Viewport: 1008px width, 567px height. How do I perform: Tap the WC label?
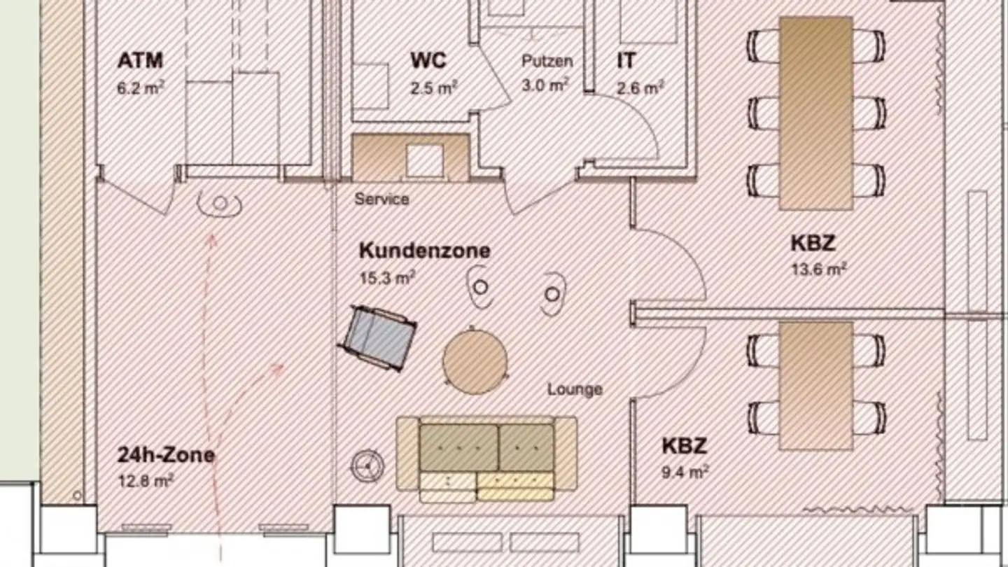point(428,61)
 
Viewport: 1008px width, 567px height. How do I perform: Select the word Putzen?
point(547,61)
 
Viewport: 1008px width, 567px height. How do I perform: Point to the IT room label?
point(626,61)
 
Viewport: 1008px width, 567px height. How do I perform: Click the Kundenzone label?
point(424,251)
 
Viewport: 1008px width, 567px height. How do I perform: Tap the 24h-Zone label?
point(166,456)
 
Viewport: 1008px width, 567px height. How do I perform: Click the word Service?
point(381,199)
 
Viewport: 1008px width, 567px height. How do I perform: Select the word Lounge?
point(575,389)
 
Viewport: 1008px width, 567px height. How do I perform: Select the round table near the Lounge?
point(475,361)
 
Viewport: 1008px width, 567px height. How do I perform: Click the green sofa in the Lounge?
point(486,448)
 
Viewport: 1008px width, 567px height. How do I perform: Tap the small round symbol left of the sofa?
point(367,465)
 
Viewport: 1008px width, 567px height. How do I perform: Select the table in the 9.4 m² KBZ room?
point(816,385)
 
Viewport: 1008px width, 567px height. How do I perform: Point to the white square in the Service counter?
point(424,161)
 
